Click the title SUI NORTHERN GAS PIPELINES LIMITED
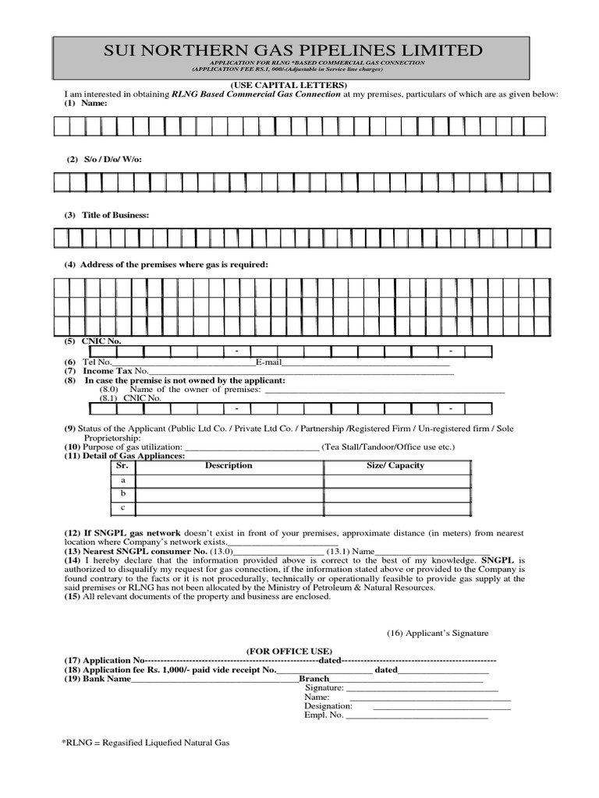(x=293, y=51)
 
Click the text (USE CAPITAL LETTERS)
(x=288, y=85)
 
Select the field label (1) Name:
(x=85, y=103)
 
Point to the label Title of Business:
(x=115, y=214)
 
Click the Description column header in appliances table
(x=229, y=465)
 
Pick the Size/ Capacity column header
(x=395, y=465)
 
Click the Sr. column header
(x=122, y=465)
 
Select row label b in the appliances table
(x=122, y=494)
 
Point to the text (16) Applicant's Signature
(x=438, y=634)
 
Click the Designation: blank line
(x=441, y=706)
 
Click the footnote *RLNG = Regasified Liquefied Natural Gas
(x=146, y=743)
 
